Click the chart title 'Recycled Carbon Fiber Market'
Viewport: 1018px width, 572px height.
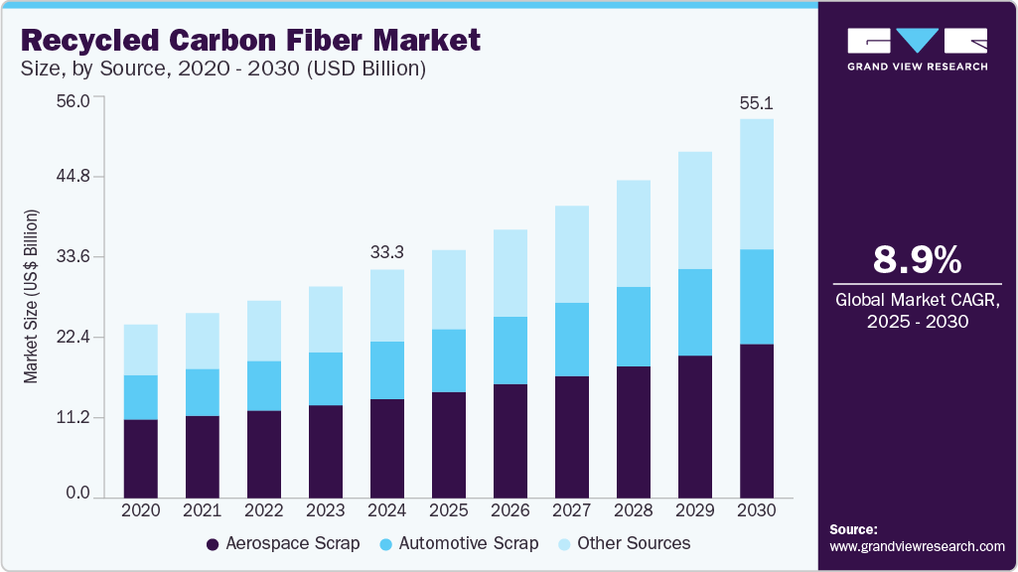point(249,41)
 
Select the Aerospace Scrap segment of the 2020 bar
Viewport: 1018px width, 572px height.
point(141,458)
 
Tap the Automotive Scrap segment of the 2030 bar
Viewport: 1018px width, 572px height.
point(757,296)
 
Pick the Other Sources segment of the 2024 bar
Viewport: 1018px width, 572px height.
point(387,305)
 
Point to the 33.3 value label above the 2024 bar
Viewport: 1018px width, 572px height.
point(387,252)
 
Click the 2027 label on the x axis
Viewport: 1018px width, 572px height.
point(572,509)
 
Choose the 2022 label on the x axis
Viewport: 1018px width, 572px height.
point(264,509)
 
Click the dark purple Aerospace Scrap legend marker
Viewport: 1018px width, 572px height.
point(213,544)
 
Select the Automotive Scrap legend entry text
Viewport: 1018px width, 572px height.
point(468,543)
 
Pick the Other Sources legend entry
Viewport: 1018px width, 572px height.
point(634,543)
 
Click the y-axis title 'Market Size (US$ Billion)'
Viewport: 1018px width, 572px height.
point(31,297)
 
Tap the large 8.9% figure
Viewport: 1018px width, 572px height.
point(917,260)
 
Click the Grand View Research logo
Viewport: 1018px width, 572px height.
point(917,49)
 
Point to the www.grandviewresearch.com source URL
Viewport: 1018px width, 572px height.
point(917,546)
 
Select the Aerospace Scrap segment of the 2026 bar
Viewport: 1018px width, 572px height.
point(510,440)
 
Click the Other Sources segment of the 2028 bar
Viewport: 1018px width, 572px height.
point(634,233)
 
